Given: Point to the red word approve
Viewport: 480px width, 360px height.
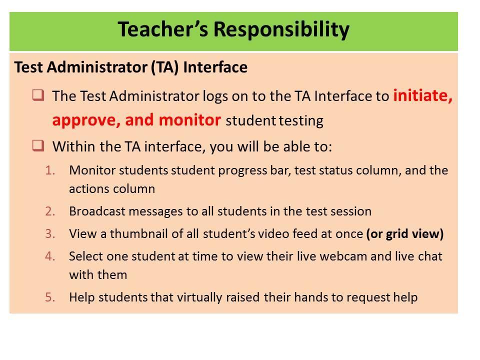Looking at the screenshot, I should [85, 120].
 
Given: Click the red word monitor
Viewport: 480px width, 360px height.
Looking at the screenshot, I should [190, 120].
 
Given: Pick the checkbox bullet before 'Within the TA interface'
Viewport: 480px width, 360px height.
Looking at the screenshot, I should [37, 146].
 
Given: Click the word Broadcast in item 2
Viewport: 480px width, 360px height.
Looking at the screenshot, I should [92, 211].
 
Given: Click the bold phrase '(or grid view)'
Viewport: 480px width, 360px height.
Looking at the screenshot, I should [404, 234].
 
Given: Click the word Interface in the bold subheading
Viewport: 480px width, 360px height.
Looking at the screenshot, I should [215, 67].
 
